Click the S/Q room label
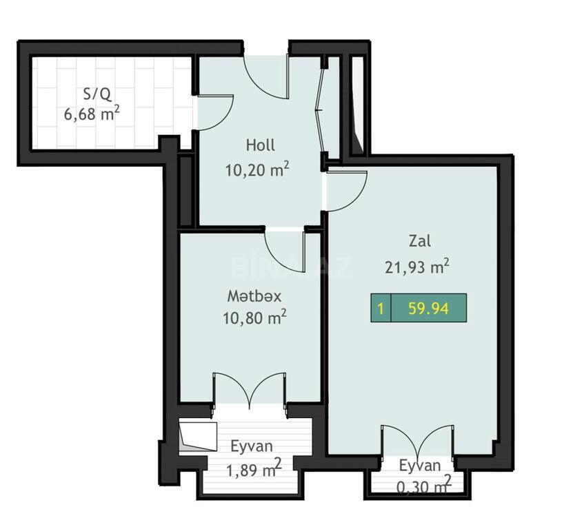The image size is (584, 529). pyautogui.click(x=97, y=94)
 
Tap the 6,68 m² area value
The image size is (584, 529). pyautogui.click(x=92, y=113)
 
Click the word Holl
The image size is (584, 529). pyautogui.click(x=261, y=145)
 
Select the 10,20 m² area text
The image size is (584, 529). pyautogui.click(x=257, y=169)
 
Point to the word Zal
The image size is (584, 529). pyautogui.click(x=420, y=241)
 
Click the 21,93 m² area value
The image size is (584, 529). pyautogui.click(x=416, y=267)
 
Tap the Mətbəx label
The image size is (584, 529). pyautogui.click(x=254, y=296)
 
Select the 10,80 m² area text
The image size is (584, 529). pyautogui.click(x=254, y=318)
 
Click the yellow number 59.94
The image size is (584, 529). pyautogui.click(x=428, y=309)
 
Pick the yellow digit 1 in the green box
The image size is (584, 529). pyautogui.click(x=381, y=309)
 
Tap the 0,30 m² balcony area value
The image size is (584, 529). pyautogui.click(x=424, y=486)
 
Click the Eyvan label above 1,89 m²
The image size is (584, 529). pyautogui.click(x=252, y=446)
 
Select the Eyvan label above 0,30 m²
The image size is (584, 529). pyautogui.click(x=420, y=466)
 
